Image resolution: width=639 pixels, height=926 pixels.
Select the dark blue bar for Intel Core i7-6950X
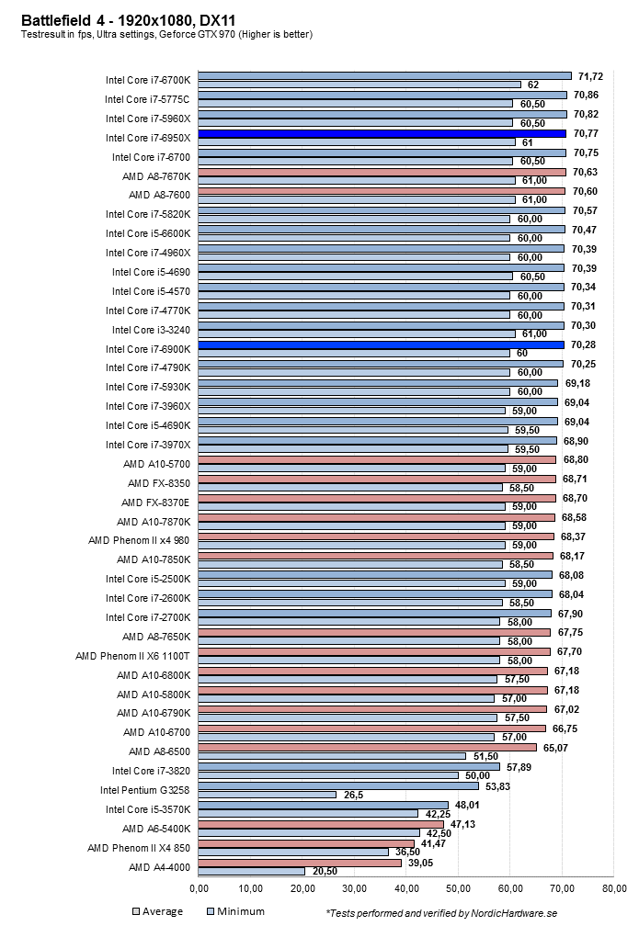(x=382, y=133)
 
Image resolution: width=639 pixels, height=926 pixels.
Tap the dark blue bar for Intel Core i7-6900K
(x=381, y=344)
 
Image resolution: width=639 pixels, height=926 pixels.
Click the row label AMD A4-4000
(x=159, y=866)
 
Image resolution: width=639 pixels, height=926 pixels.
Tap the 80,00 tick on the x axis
(x=613, y=888)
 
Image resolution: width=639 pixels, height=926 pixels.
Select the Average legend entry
(x=158, y=911)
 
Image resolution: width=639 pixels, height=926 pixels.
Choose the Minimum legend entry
(x=236, y=911)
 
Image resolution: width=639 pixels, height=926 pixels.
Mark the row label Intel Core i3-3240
(x=152, y=330)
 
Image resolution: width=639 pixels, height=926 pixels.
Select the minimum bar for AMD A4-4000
(x=251, y=871)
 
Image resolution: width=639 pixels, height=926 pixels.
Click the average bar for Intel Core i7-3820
(x=348, y=766)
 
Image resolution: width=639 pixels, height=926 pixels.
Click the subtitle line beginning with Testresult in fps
(x=166, y=35)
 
